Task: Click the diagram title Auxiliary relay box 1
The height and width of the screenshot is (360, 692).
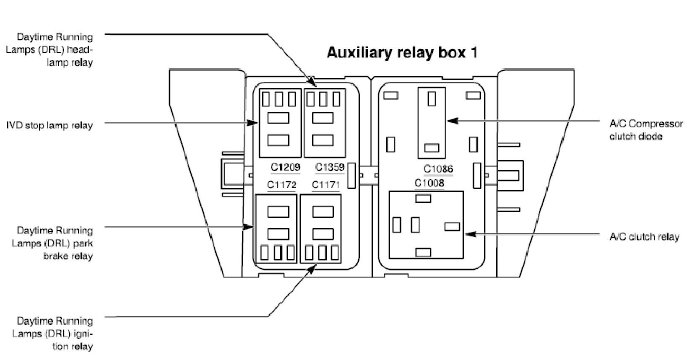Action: coord(402,53)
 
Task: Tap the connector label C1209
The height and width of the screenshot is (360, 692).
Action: coord(286,168)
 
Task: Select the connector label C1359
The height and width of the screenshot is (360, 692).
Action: coord(330,168)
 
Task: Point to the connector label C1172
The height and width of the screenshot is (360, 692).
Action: coord(282,185)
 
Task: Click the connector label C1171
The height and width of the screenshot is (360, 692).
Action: coord(326,185)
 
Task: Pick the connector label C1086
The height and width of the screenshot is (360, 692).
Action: coord(438,169)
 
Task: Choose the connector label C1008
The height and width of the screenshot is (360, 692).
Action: coord(429,183)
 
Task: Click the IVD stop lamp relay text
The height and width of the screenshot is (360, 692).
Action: coord(49,125)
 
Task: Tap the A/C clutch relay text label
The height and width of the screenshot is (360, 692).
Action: coord(644,237)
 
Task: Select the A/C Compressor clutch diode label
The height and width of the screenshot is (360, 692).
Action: coord(646,130)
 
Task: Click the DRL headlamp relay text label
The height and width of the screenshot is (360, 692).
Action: coord(55,49)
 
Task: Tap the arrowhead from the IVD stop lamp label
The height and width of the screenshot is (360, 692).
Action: coord(254,123)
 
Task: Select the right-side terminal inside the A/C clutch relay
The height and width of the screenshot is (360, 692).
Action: coord(452,227)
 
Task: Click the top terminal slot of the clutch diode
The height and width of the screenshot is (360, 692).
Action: coord(432,98)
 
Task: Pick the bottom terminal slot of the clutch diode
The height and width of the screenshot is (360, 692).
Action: coord(432,148)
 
